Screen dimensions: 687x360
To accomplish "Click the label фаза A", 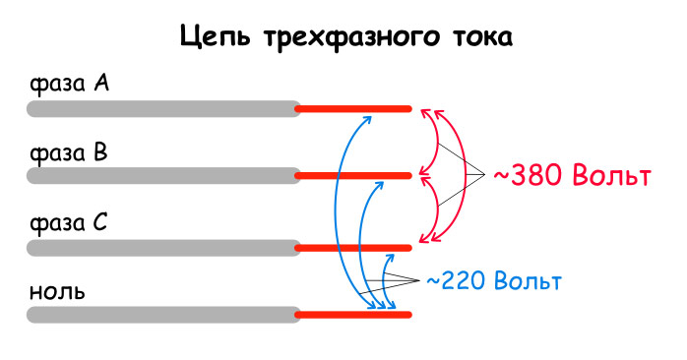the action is pos(68,86).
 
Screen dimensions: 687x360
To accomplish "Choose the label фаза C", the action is pos(68,223).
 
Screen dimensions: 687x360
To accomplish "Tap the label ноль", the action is pos(57,292).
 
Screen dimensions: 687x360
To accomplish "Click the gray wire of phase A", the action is pos(163,108).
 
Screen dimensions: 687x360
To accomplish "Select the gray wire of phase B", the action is pos(163,176).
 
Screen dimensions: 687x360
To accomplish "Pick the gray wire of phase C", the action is pos(163,246).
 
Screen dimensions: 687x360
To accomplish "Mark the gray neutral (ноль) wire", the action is pos(163,315).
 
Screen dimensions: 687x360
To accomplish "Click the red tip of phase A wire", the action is pos(354,108).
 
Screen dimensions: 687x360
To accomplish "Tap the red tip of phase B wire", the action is pos(354,176).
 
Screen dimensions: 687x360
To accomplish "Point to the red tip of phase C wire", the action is pos(354,246).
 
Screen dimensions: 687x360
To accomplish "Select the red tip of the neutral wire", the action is pos(354,315).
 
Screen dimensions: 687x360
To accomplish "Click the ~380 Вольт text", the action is pos(571,177).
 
